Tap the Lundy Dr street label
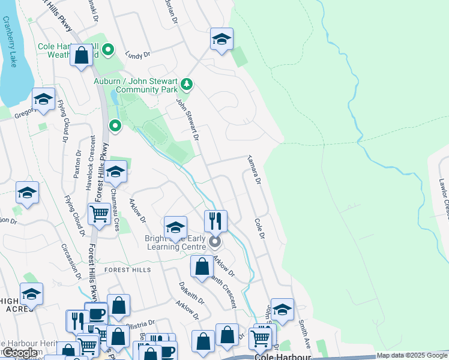pyautogui.click(x=137, y=55)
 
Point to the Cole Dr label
pyautogui.click(x=259, y=227)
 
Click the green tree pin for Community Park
pyautogui.click(x=187, y=84)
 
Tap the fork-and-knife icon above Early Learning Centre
pyautogui.click(x=215, y=221)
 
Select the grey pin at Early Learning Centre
pyautogui.click(x=214, y=242)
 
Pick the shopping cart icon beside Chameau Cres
pyautogui.click(x=99, y=214)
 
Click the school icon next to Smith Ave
pyautogui.click(x=282, y=309)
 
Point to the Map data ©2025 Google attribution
pyautogui.click(x=412, y=355)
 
